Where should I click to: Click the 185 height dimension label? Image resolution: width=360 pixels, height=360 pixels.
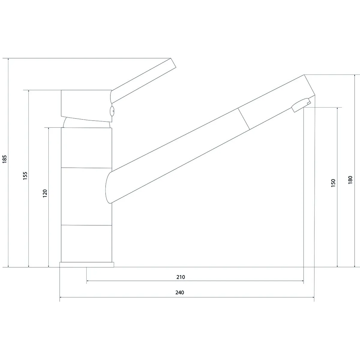coord(4,159)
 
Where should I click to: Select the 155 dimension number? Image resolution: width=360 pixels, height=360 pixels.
coord(25,176)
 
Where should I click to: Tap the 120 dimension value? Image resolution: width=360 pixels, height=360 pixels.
coord(45,193)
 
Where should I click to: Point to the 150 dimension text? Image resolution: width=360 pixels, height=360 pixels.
coord(333,183)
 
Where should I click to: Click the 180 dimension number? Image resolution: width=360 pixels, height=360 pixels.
coord(350,180)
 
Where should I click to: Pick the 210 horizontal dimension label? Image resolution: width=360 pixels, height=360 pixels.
coord(181,277)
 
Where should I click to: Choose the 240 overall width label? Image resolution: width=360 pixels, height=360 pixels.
coord(179,292)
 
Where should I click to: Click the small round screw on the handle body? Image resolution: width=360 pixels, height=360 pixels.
coord(112,111)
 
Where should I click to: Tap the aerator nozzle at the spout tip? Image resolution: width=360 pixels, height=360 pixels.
coord(301,105)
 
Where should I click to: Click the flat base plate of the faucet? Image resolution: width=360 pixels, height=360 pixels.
coord(87,265)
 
